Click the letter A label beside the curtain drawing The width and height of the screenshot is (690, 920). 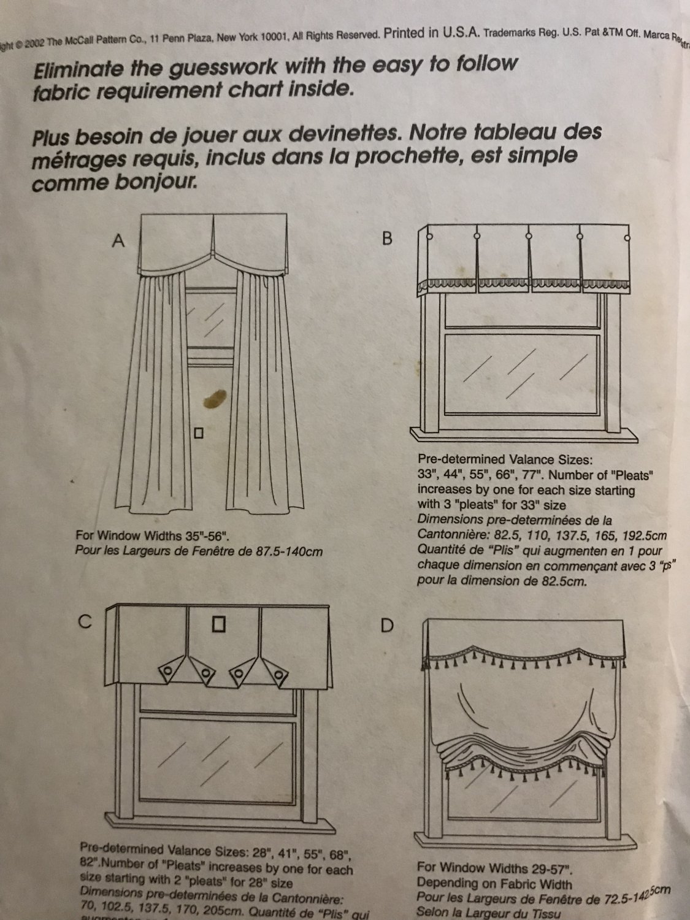point(118,242)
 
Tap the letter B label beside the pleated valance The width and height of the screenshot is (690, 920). point(387,239)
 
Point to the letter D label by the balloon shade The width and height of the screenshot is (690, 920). point(388,626)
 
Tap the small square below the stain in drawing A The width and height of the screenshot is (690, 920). point(198,433)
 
